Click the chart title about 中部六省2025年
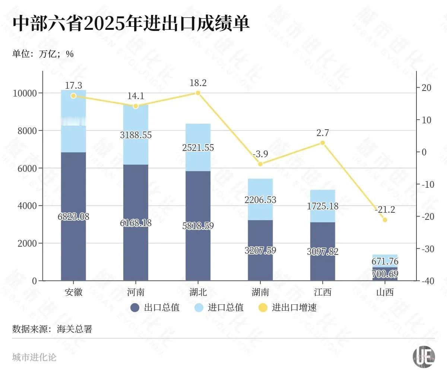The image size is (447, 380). tap(131, 24)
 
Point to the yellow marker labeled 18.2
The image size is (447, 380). tap(198, 93)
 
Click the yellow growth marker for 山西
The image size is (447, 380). tap(385, 220)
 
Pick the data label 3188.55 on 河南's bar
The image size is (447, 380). tap(136, 135)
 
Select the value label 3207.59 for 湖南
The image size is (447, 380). tap(260, 250)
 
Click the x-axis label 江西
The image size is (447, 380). tap(323, 292)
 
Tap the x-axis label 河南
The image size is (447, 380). tap(136, 292)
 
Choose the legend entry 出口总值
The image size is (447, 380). tap(155, 308)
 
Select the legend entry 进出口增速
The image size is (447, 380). tap(288, 308)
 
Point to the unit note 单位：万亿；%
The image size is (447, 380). tap(43, 54)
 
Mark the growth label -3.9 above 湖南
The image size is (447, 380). tap(260, 154)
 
